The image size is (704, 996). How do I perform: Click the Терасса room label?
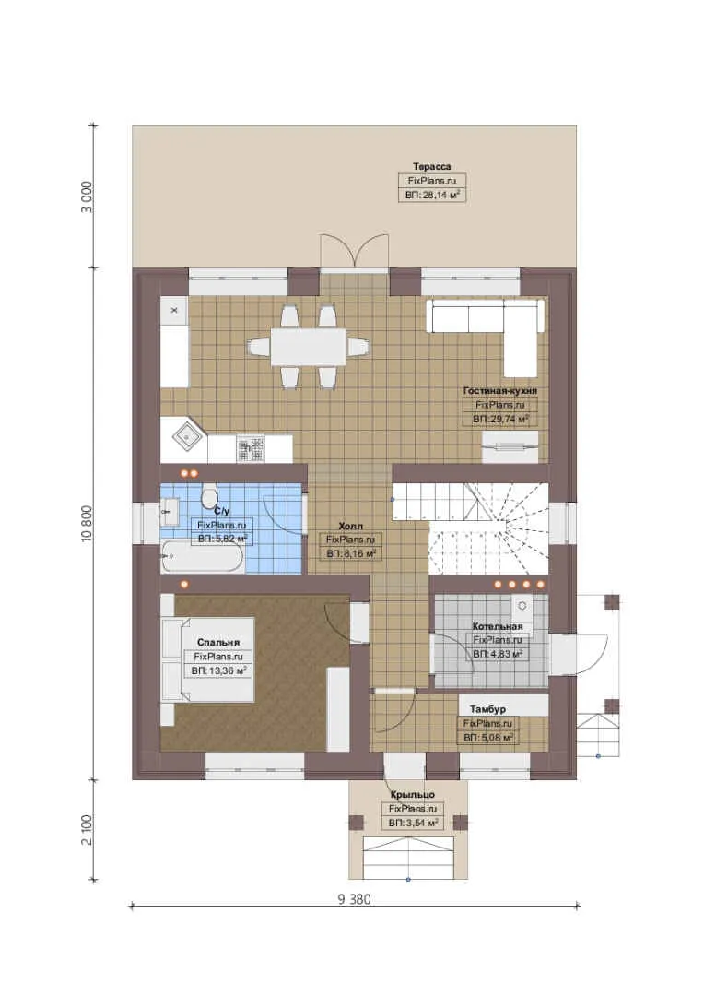click(x=431, y=166)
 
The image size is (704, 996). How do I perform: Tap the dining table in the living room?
click(x=309, y=347)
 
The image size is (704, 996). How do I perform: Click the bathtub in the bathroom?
click(x=201, y=556)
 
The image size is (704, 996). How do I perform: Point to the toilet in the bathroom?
click(x=209, y=495)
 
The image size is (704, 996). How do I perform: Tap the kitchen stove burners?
click(x=251, y=447)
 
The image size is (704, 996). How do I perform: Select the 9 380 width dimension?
click(x=354, y=899)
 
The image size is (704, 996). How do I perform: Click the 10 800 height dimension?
click(x=87, y=524)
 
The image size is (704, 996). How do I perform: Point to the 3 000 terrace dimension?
click(x=87, y=197)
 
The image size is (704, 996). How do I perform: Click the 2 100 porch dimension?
click(x=87, y=830)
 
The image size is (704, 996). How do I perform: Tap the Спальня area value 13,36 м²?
click(x=219, y=670)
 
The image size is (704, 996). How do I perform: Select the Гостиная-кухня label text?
click(x=500, y=391)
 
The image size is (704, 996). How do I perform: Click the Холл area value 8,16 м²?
click(x=352, y=554)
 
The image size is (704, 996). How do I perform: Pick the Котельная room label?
click(x=498, y=626)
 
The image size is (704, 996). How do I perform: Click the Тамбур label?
click(x=487, y=709)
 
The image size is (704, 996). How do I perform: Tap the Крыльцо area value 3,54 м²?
click(x=413, y=824)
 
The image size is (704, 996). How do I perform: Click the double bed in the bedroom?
click(x=208, y=658)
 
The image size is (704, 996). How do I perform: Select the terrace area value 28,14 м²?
click(x=432, y=195)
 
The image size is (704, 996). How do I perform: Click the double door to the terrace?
click(x=354, y=250)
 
